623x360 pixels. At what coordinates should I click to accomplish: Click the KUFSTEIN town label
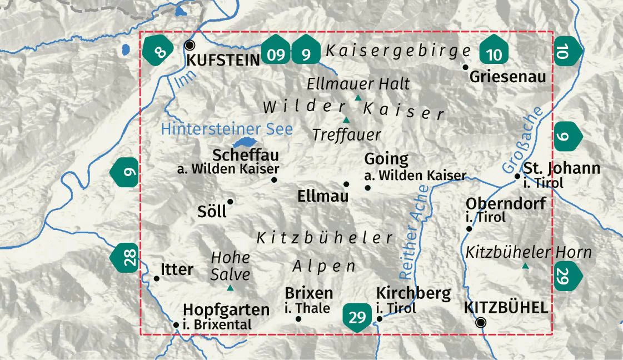[x=223, y=60]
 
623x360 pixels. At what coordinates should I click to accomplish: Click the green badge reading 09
[x=276, y=54]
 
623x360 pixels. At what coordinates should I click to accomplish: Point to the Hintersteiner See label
[x=226, y=129]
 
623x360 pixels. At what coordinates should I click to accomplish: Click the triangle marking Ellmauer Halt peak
[x=358, y=98]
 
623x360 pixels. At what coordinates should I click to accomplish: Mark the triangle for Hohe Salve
[x=230, y=288]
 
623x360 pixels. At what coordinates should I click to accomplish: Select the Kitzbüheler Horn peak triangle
[x=525, y=267]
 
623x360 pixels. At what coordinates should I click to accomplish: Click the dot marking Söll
[x=230, y=202]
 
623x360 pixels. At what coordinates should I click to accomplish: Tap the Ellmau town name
[x=323, y=196]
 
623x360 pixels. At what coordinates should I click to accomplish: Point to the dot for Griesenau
[x=466, y=67]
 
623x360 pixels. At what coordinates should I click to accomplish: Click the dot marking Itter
[x=156, y=279]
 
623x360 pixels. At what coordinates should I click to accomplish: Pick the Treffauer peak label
[x=347, y=134]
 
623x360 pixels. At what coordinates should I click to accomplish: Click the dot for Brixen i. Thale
[x=298, y=319]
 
